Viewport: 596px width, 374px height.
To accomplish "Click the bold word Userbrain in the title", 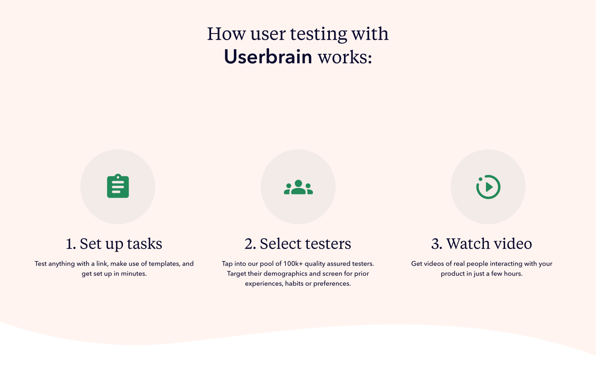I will click(268, 57).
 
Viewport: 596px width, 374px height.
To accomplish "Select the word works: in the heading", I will click(345, 57).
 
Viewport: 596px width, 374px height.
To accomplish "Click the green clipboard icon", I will click(118, 187).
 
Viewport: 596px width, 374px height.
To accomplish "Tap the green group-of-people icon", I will click(298, 187).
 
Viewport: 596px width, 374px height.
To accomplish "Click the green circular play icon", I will click(488, 187).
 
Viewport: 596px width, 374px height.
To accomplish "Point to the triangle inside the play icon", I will click(489, 187).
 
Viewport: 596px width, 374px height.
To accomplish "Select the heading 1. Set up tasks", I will click(114, 244).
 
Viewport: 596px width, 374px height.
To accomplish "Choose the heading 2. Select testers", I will click(298, 244).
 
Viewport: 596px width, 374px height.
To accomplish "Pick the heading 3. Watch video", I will click(481, 244).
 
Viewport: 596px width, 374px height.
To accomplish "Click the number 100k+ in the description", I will click(293, 264).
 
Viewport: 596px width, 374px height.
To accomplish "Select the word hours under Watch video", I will click(513, 273).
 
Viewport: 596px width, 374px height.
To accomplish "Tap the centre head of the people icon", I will click(298, 183).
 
